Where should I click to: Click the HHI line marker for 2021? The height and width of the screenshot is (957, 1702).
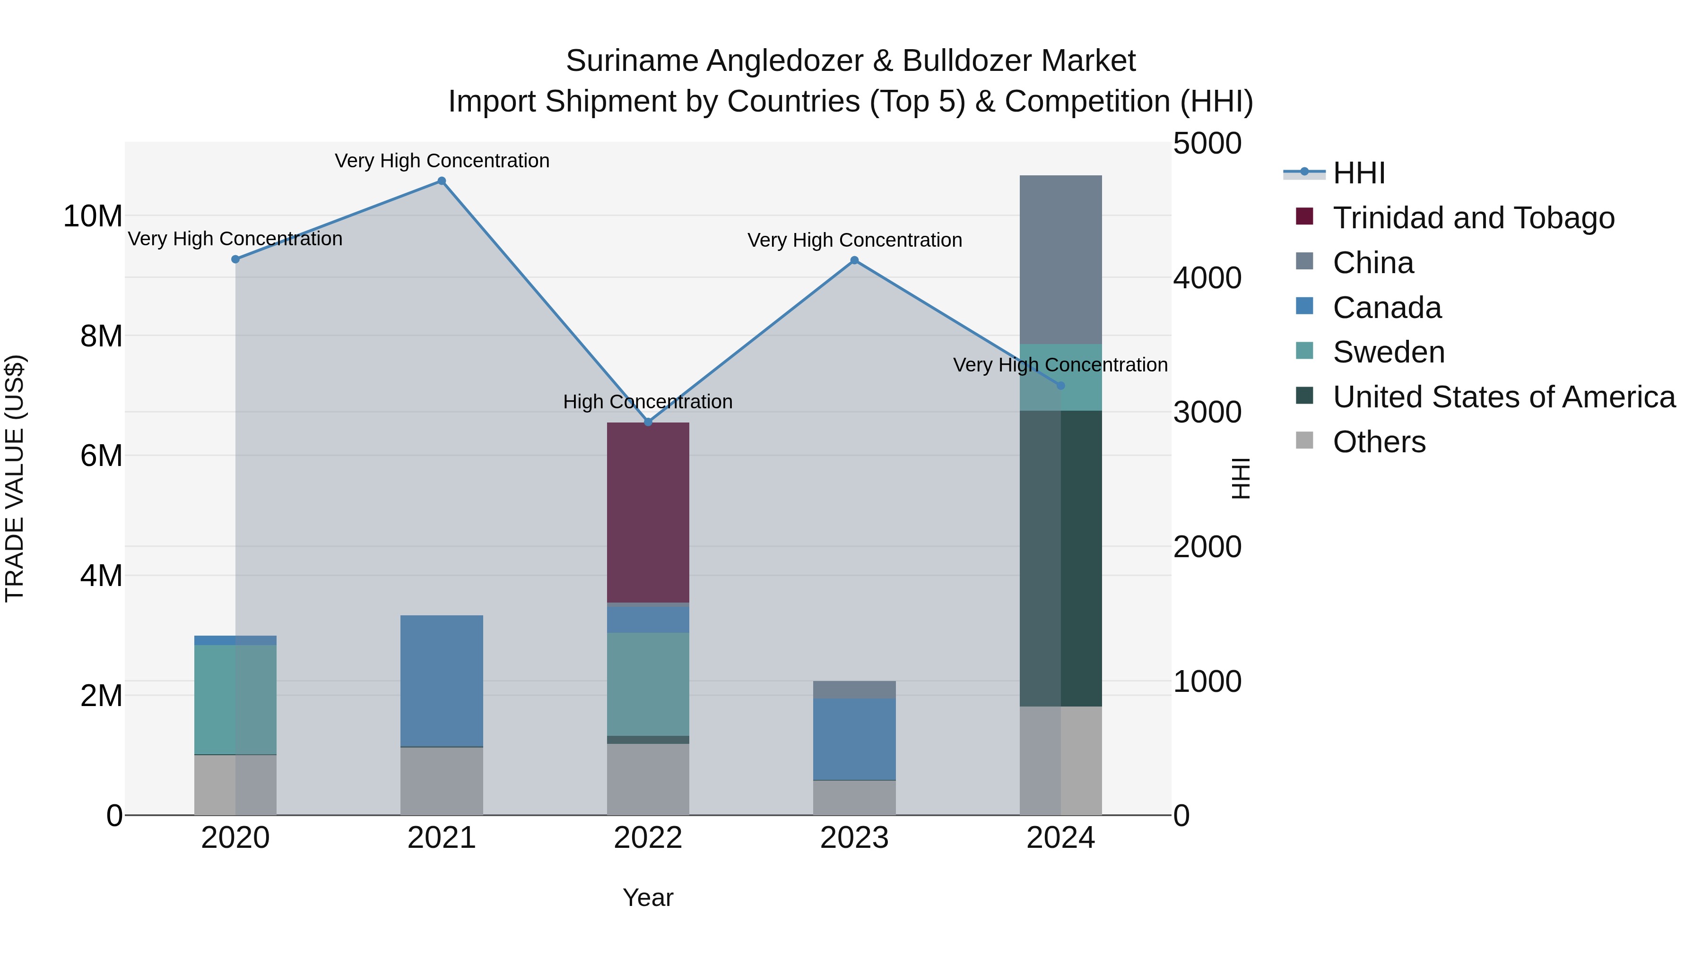(x=442, y=181)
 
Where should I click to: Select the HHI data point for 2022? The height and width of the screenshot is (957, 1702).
(x=648, y=422)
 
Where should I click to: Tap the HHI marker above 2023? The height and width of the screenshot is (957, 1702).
(x=854, y=260)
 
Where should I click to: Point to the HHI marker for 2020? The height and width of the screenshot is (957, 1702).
(x=235, y=259)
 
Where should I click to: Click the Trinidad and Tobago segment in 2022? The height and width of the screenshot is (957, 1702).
(x=648, y=512)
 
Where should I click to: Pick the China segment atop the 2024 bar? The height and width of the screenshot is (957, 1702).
(x=1060, y=259)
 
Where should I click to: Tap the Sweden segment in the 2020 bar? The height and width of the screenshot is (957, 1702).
(x=235, y=699)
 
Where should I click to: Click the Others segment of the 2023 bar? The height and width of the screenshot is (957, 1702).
(x=854, y=798)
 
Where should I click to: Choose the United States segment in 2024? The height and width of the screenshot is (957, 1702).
(x=1060, y=558)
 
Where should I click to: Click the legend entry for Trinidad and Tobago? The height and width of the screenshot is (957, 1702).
(x=1473, y=218)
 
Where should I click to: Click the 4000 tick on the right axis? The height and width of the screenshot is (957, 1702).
(x=1207, y=278)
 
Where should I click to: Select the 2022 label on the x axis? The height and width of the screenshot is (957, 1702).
(x=648, y=838)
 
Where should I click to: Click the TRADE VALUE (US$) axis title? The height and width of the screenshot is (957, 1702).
(x=15, y=478)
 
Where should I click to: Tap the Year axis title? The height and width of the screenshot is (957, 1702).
(x=648, y=897)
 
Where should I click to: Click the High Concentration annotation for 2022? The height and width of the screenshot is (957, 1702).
(x=648, y=402)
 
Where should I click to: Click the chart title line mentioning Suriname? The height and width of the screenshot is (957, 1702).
(x=851, y=61)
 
